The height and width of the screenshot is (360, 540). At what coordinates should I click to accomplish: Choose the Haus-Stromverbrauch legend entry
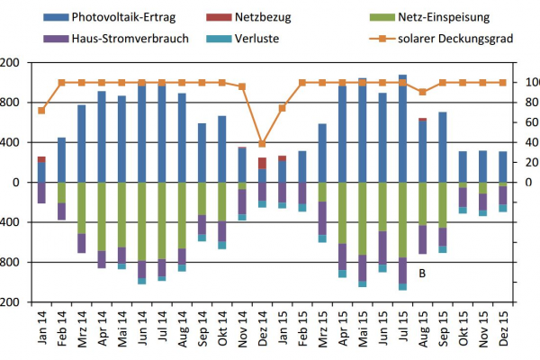click(108, 39)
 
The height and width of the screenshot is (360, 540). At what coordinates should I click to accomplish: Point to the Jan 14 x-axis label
click(42, 328)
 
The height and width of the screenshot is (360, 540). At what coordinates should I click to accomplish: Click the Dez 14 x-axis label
click(262, 328)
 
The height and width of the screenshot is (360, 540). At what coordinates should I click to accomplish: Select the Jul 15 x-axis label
click(402, 328)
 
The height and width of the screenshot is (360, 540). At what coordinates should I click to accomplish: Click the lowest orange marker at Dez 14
click(262, 143)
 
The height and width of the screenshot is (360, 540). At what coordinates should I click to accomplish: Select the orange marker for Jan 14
click(41, 110)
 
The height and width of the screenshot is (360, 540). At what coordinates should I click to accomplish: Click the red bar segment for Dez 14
click(262, 163)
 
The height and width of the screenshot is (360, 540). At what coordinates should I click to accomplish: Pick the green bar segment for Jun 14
click(141, 221)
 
